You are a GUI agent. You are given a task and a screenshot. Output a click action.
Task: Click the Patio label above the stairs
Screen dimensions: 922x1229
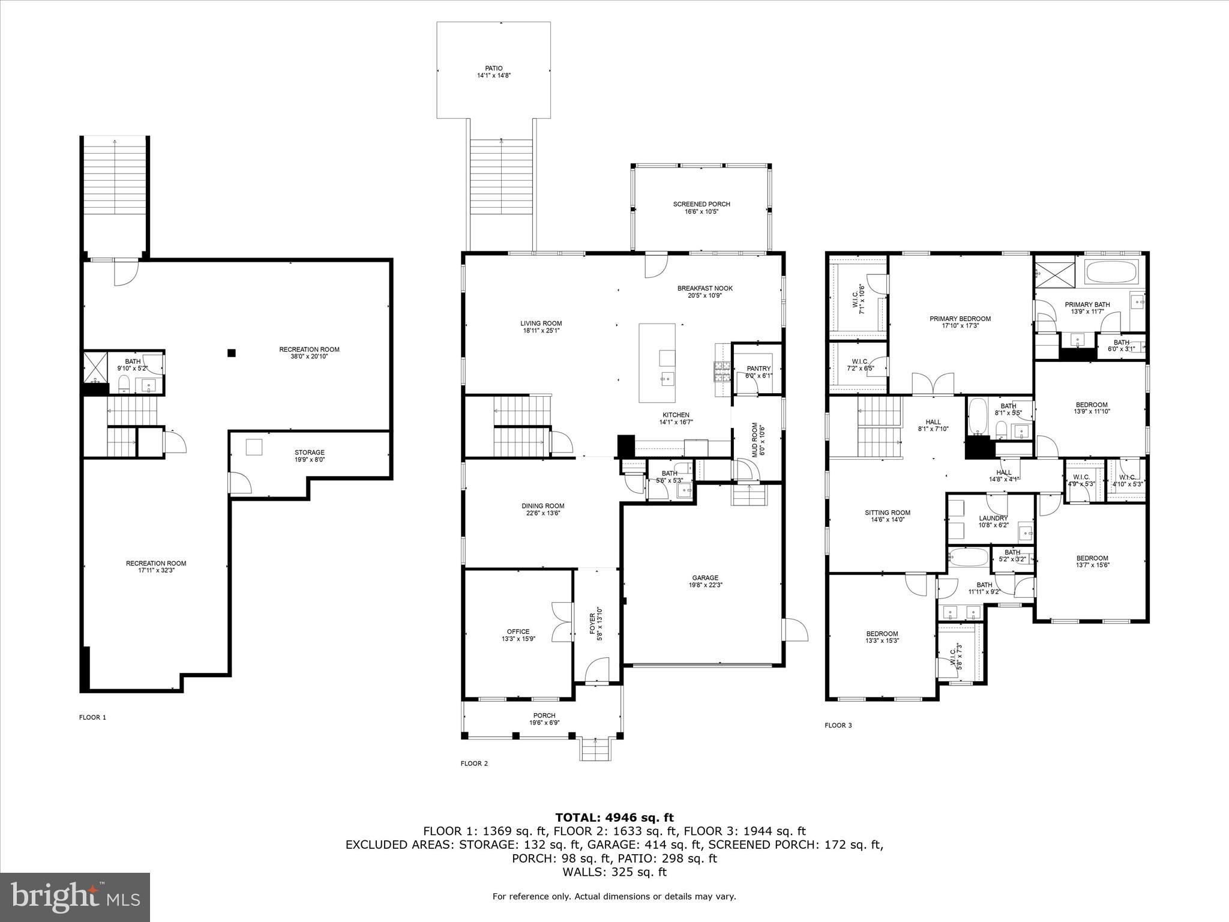click(493, 68)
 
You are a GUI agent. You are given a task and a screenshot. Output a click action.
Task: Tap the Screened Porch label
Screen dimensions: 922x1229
click(701, 204)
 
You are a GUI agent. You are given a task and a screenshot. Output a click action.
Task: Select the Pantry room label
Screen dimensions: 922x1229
click(759, 369)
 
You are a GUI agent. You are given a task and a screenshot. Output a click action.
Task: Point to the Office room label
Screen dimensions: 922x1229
click(518, 631)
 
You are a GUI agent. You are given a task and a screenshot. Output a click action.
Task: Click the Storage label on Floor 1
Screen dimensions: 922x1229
click(309, 453)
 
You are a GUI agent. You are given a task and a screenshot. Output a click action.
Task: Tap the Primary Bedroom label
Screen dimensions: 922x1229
click(960, 319)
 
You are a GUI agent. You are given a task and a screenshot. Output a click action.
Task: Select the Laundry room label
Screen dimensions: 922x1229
click(993, 518)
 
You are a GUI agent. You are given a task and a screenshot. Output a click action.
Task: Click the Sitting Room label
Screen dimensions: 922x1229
click(887, 513)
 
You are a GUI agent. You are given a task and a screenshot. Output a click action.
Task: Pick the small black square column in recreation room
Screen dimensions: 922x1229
click(232, 353)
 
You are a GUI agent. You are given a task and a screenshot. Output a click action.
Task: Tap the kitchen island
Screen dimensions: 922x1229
click(657, 363)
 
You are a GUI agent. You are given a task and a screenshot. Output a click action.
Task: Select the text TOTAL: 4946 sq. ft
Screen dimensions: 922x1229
click(614, 818)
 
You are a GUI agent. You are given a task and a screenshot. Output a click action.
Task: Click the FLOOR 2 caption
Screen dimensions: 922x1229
click(474, 764)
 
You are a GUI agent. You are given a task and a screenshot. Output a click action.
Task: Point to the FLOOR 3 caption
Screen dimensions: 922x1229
click(838, 725)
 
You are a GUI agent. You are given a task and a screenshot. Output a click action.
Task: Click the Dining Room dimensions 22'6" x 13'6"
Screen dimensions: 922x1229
click(542, 513)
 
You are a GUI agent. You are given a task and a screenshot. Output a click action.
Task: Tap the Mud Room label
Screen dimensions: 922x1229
click(758, 439)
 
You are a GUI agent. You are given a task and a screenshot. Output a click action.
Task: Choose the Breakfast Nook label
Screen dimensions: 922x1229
click(705, 288)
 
